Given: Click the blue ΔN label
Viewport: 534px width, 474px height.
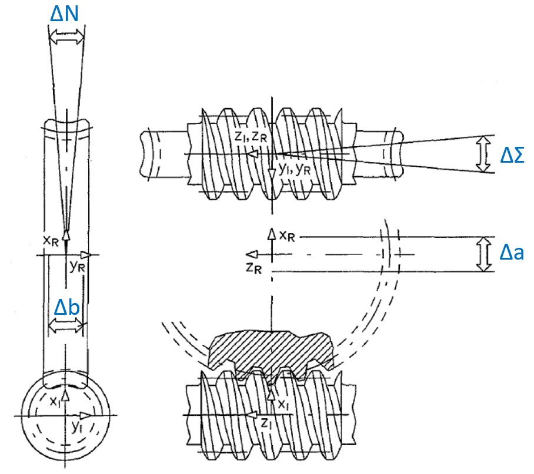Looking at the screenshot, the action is coord(64,14).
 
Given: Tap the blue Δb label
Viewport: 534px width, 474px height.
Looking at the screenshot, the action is coord(67,307).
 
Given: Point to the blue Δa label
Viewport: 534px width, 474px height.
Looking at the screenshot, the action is coord(512,253).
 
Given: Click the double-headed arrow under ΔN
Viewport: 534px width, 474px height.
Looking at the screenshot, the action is coord(66,36).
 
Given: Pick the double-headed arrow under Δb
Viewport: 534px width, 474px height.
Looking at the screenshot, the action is coord(66,327).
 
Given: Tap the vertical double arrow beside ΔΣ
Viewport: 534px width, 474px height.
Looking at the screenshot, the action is coord(483,154).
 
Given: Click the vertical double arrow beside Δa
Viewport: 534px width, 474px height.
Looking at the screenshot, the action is coord(483,254).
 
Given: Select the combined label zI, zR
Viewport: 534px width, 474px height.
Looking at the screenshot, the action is coord(251,136).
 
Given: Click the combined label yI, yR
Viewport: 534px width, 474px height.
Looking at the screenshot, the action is coord(294,169).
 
